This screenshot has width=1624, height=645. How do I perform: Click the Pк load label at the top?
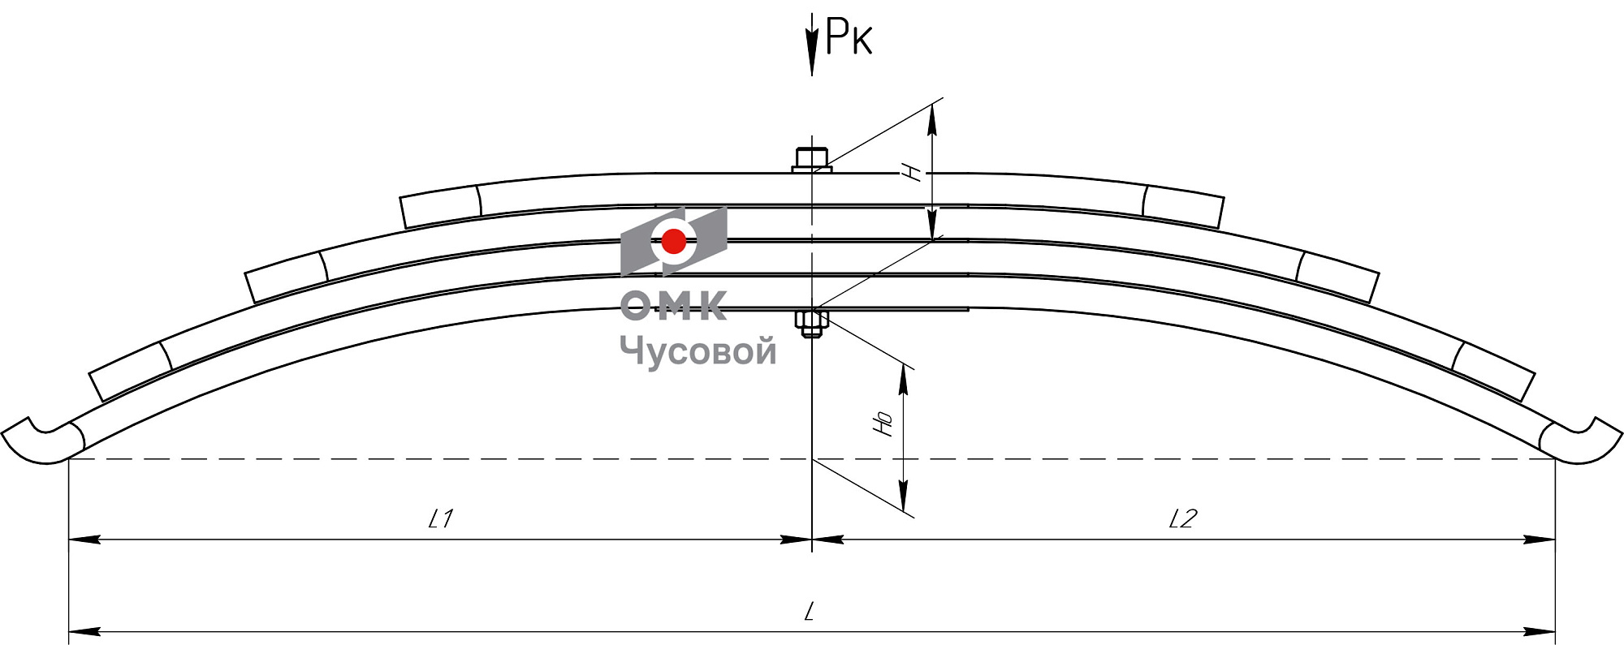(849, 37)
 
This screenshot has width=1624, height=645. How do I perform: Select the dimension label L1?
(441, 518)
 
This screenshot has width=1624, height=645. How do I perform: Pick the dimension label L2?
(1182, 518)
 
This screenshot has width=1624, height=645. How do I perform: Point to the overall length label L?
(810, 612)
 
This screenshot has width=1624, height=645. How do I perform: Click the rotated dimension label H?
(913, 171)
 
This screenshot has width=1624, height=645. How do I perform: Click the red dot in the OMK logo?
(674, 241)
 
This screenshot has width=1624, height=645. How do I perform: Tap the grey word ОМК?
(673, 306)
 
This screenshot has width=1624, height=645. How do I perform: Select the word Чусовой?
(698, 351)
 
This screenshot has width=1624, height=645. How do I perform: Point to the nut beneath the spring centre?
(811, 325)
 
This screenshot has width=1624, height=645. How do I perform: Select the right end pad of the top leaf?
(1183, 206)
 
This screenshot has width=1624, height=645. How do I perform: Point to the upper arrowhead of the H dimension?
(932, 118)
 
